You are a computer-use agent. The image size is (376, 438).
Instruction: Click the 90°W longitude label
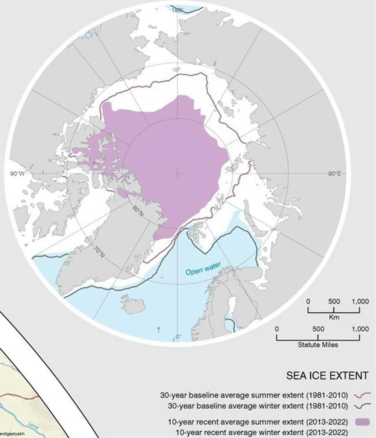[17, 174]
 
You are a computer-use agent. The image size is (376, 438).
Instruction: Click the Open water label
[203, 269]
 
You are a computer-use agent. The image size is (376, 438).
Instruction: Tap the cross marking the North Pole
[177, 173]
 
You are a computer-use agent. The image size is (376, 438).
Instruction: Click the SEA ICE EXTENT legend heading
[327, 376]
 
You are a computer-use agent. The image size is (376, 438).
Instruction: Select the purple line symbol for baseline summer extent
[362, 395]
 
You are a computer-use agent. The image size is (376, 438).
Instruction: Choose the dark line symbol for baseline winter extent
[362, 406]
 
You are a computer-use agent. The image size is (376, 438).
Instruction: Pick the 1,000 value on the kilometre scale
[360, 302]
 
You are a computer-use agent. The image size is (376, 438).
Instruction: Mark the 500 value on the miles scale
[318, 329]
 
